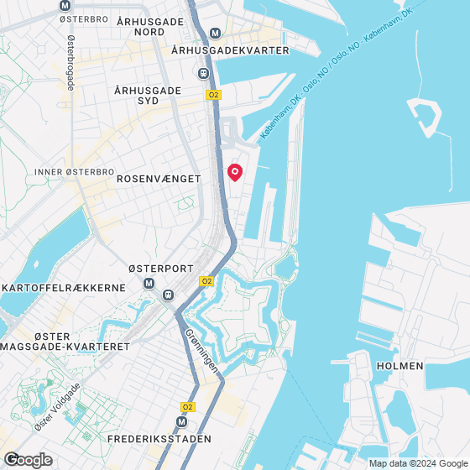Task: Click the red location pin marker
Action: pos(235,172)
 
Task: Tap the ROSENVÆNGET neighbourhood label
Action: pos(159,179)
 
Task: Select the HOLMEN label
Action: pos(399,366)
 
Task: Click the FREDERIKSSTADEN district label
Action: pos(159,439)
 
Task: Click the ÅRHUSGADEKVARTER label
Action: pos(229,50)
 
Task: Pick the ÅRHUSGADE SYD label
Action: pos(148,96)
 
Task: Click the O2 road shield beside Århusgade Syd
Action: pos(213,96)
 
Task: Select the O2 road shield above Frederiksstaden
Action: pos(187,407)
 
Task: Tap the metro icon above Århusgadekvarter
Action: pos(215,34)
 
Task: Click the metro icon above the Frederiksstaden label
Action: pos(182,423)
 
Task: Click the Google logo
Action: pos(28,459)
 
